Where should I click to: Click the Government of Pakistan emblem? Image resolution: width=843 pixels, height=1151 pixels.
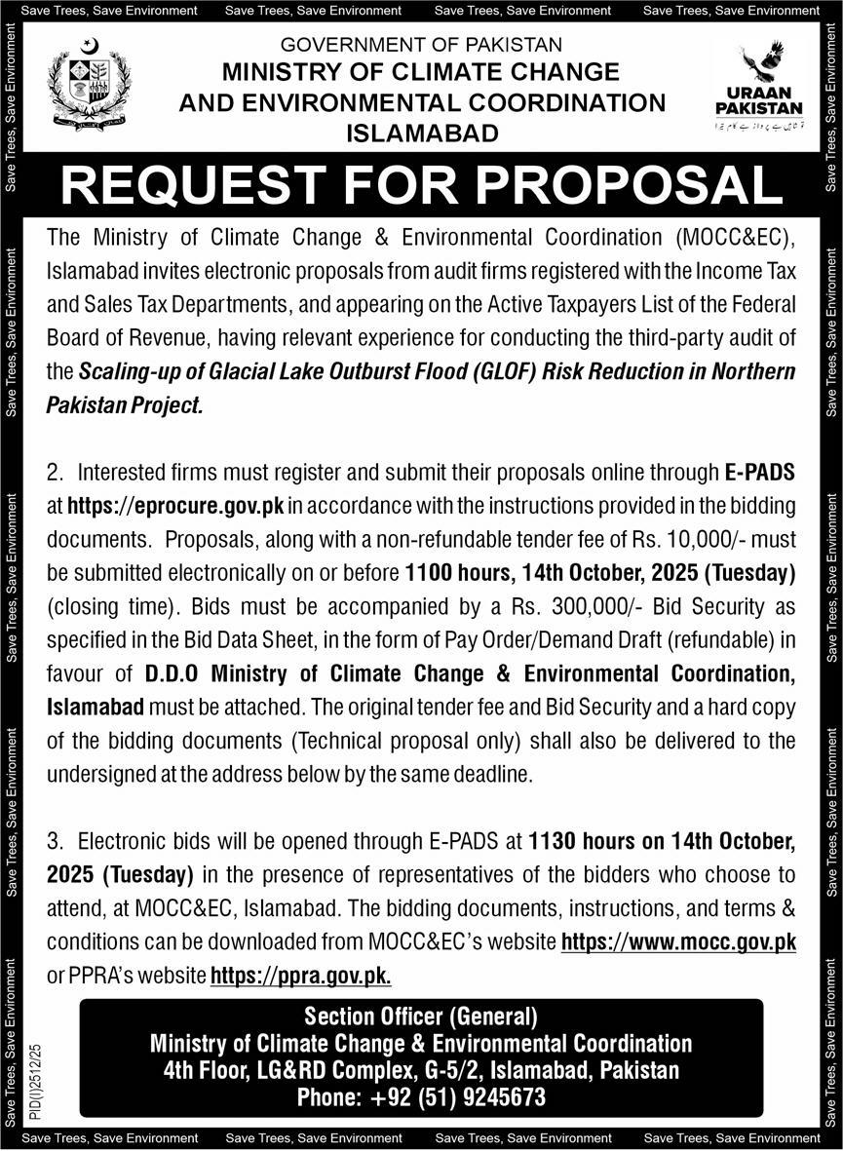[x=89, y=85]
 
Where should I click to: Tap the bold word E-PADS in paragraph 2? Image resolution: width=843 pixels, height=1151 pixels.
[x=759, y=473]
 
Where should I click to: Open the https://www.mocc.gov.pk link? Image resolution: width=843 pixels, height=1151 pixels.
[x=678, y=942]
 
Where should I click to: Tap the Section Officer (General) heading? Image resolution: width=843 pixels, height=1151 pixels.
[x=420, y=1017]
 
